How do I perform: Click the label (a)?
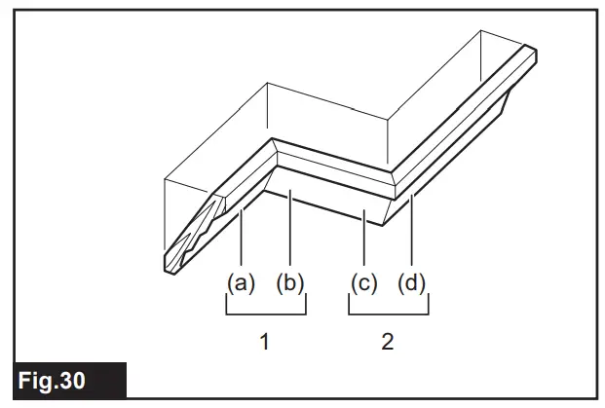click(241, 283)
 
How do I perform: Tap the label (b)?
click(290, 283)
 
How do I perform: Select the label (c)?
click(363, 283)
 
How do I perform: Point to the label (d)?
click(412, 283)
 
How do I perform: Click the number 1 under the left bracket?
click(265, 343)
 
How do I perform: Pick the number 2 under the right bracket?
click(388, 343)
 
